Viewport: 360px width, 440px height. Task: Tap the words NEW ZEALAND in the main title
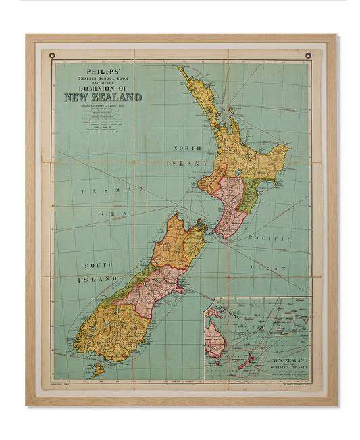tap(103, 97)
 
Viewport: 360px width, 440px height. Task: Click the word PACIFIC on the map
tap(269, 239)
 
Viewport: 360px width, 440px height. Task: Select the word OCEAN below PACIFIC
tap(276, 268)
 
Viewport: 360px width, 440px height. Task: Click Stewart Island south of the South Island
tap(99, 370)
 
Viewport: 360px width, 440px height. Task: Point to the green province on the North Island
tap(249, 193)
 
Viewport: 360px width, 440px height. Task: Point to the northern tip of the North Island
tap(181, 68)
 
